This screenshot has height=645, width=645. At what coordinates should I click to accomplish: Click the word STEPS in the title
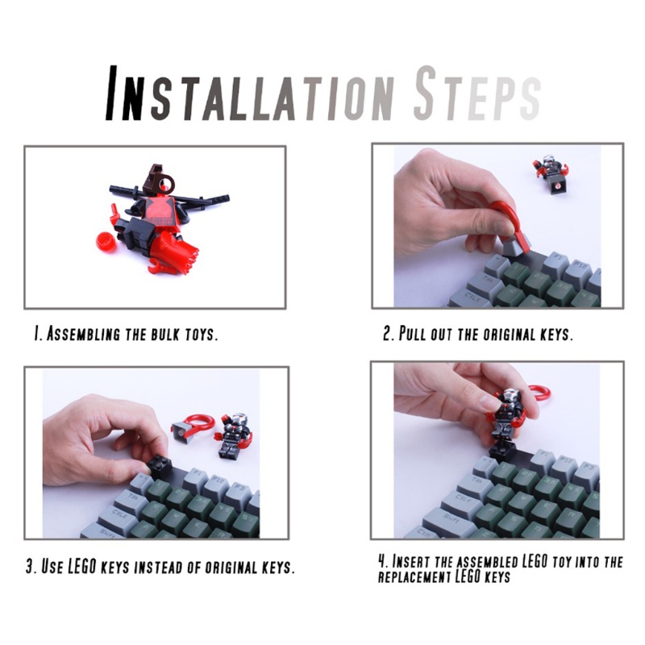[x=476, y=96]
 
